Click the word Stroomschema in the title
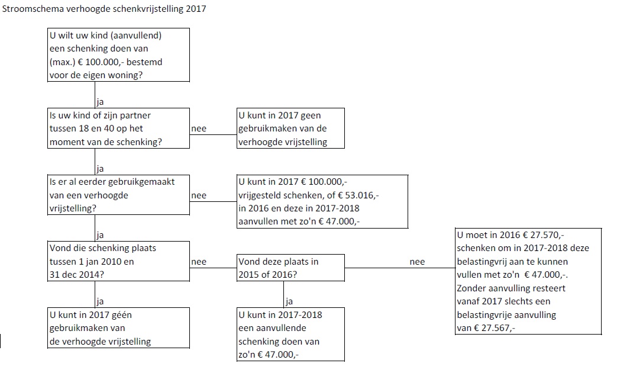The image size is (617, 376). click(33, 9)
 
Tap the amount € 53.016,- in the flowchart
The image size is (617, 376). click(358, 195)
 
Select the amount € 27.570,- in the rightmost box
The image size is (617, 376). click(543, 235)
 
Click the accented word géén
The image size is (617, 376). click(122, 316)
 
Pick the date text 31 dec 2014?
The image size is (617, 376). click(77, 275)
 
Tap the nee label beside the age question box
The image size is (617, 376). click(199, 128)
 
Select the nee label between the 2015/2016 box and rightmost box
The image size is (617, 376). click(417, 262)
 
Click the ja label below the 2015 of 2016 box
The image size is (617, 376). click(289, 302)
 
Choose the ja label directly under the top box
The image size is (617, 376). click(100, 102)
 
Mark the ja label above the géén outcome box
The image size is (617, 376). click(100, 302)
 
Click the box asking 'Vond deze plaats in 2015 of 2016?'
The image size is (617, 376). click(290, 268)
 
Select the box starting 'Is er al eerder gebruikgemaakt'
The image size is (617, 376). click(118, 195)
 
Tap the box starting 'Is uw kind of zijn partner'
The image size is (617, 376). click(118, 128)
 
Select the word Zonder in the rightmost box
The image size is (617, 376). click(471, 288)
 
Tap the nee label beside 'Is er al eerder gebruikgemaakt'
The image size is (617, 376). click(199, 195)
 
